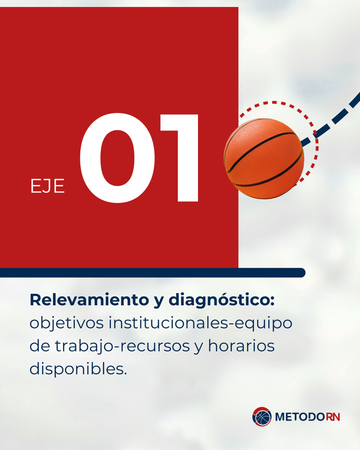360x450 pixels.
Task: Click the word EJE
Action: point(47,186)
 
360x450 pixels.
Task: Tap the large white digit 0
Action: point(117,158)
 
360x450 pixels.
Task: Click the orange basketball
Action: point(264,159)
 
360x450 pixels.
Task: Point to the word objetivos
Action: point(66,323)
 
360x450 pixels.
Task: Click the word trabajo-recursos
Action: point(122,346)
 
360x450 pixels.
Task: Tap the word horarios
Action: point(241,346)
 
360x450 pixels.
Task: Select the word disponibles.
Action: point(78,369)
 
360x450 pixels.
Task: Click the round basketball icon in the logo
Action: point(262,416)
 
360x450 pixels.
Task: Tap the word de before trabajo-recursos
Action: point(40,346)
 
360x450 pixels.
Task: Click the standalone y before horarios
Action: point(199,348)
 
